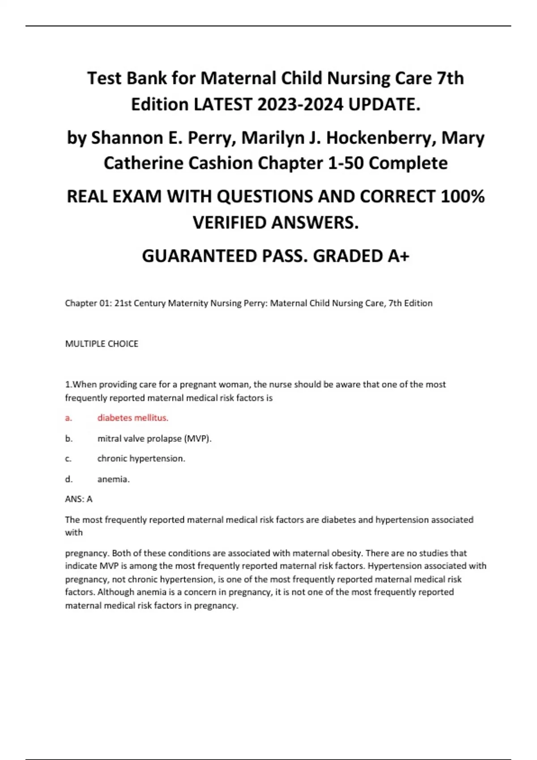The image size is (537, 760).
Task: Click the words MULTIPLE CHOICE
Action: tap(102, 344)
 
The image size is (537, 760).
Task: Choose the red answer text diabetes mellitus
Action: tap(133, 418)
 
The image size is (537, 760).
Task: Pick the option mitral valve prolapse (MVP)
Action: tap(154, 439)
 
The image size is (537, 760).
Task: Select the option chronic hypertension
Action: tap(141, 459)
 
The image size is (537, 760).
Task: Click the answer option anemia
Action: tap(113, 479)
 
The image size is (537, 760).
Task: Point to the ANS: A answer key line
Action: tap(79, 499)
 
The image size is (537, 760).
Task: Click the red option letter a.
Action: tap(68, 418)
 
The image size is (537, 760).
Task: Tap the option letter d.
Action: tap(68, 479)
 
